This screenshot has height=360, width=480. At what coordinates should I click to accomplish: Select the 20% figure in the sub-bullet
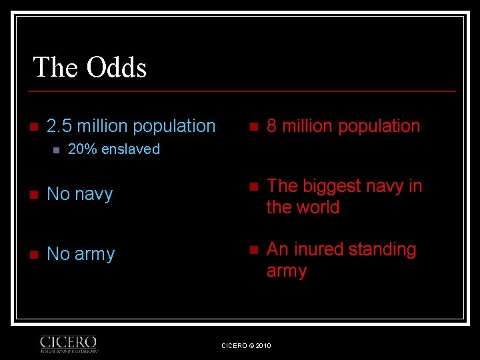click(80, 149)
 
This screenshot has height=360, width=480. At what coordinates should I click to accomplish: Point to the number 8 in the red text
click(272, 126)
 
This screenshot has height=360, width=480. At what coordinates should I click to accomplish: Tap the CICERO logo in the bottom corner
click(69, 343)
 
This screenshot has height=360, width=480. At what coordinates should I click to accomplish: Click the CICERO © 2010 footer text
click(246, 345)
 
